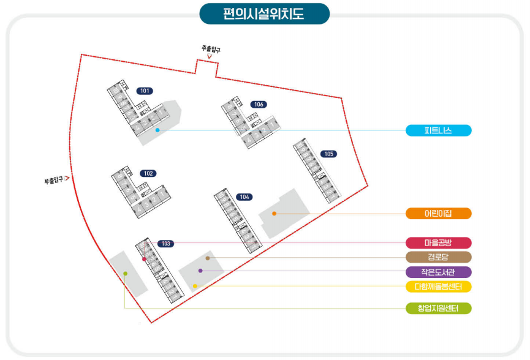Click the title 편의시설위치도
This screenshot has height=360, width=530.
coord(264,13)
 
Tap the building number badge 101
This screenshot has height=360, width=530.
coord(145,91)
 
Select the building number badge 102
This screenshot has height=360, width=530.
coord(148,173)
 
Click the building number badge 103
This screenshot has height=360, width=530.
coord(165,244)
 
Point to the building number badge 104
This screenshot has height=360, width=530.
coord(244,197)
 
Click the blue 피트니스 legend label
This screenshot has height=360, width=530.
coord(438,130)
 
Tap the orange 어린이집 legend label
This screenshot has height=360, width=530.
coord(438,214)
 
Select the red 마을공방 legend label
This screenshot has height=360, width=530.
coord(438,243)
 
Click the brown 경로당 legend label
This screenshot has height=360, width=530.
coord(438,257)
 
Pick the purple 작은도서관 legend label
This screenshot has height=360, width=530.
coord(438,272)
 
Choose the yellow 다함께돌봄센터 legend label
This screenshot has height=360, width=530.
coord(438,287)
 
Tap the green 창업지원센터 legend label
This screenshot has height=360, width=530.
coord(438,308)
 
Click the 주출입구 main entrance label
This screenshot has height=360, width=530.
coord(210,48)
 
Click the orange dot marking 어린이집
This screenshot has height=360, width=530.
coord(274,214)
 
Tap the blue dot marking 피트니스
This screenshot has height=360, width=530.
coord(157,130)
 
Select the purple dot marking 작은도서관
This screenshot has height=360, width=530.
coord(200,271)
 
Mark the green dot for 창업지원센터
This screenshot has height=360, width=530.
coord(125,274)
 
